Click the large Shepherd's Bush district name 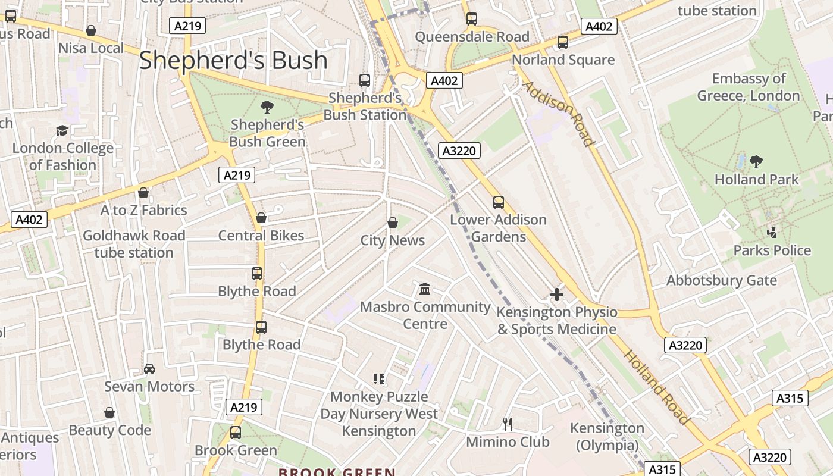233,61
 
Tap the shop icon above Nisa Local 91,30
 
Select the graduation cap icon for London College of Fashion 62,130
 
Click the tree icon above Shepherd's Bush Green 267,107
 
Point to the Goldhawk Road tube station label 134,244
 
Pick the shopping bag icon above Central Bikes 261,218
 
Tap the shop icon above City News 393,223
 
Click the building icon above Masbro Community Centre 425,289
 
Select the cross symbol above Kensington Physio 557,295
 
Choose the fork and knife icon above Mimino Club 508,424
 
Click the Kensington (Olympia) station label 607,437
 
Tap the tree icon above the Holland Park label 756,161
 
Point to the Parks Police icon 772,233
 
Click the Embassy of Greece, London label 749,87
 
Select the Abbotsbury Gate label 721,280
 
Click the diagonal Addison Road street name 558,113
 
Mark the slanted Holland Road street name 656,387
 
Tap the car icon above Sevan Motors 149,369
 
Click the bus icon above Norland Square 562,42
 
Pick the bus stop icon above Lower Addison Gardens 499,202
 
